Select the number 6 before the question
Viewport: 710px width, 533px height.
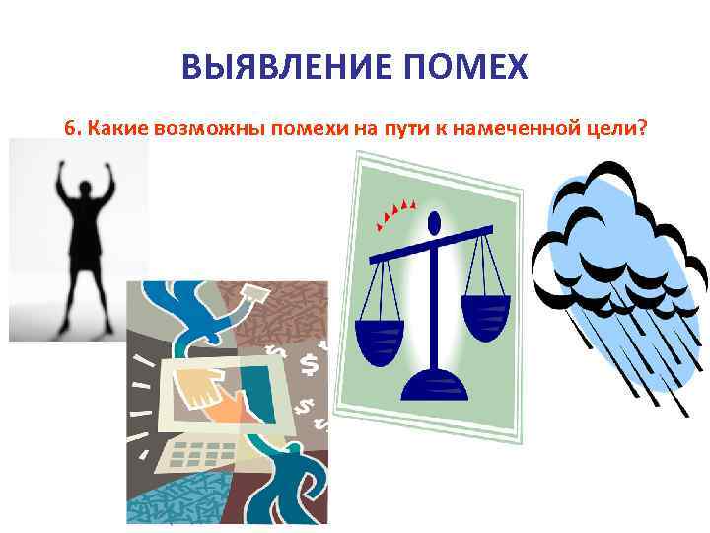[68, 127]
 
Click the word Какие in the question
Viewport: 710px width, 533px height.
[113, 127]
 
